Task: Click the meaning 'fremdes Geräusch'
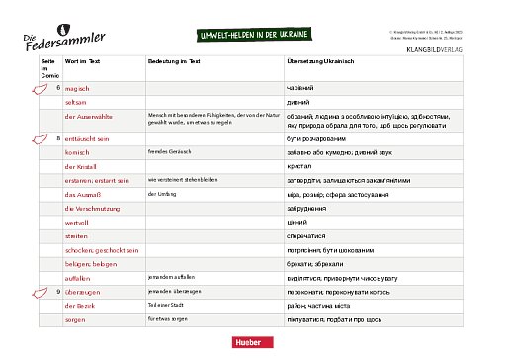(x=166, y=152)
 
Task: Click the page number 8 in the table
(x=59, y=138)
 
